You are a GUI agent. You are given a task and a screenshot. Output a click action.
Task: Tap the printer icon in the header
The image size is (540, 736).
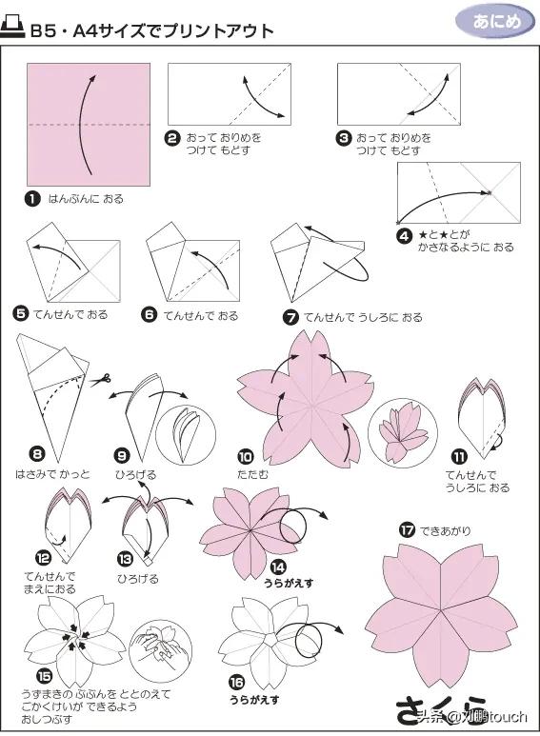click(x=14, y=30)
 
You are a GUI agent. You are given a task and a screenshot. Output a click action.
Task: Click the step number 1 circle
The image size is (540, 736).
click(x=33, y=200)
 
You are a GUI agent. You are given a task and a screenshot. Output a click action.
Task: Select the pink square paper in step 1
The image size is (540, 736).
click(x=89, y=125)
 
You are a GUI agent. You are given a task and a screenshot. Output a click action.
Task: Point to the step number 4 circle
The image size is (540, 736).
click(x=405, y=234)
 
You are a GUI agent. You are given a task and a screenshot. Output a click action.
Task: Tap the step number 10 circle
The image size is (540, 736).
click(x=245, y=455)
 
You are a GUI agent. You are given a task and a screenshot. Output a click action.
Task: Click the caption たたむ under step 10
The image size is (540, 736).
click(x=251, y=473)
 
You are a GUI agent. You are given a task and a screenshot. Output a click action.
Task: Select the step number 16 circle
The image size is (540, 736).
click(x=235, y=681)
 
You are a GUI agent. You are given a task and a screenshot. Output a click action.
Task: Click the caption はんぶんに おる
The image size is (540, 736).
click(x=86, y=200)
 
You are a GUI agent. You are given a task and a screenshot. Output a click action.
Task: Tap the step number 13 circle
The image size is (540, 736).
click(x=125, y=560)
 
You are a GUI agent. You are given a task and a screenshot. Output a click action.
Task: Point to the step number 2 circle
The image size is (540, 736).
click(x=172, y=138)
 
